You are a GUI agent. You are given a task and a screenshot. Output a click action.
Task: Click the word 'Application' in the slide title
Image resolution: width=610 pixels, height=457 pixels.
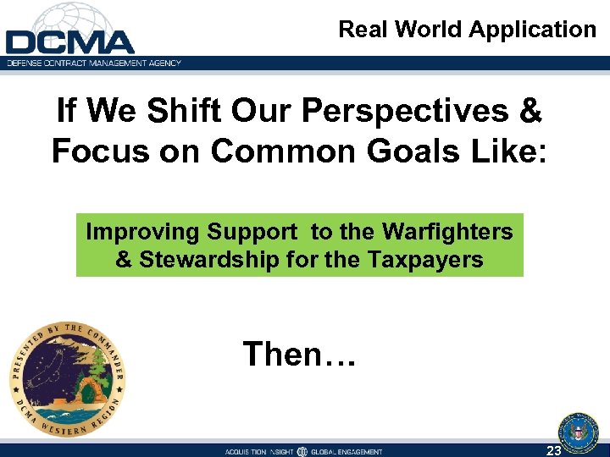(532, 29)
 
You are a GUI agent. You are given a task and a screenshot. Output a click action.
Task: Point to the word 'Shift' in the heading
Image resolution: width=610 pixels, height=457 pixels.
(169, 111)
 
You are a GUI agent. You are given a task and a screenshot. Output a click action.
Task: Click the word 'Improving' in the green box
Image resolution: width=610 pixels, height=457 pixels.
(143, 232)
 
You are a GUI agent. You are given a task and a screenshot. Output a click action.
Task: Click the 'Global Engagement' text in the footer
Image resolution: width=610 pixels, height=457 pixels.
(347, 452)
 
